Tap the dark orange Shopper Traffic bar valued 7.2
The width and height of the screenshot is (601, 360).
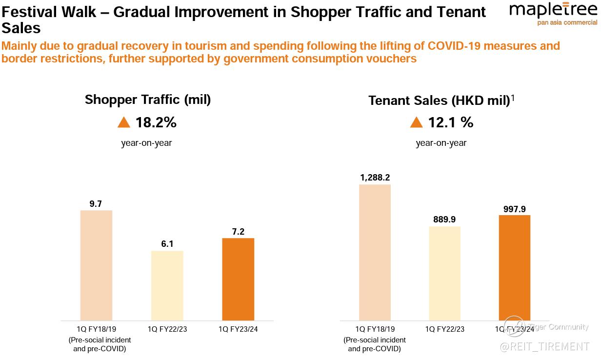(238, 279)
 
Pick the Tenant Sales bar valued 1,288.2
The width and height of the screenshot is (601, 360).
(375, 252)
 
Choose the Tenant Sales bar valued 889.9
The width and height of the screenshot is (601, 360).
(444, 273)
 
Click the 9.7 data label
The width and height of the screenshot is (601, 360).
(96, 204)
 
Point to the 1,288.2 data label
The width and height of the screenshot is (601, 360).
(375, 178)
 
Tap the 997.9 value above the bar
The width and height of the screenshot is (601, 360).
(514, 209)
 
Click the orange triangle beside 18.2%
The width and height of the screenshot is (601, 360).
(124, 122)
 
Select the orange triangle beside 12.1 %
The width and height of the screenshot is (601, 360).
(416, 122)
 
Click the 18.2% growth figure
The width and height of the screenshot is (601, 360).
(156, 122)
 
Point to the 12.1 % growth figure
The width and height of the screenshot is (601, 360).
(451, 122)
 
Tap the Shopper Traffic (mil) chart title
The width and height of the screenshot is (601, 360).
(148, 100)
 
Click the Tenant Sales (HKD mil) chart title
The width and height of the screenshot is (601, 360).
(439, 100)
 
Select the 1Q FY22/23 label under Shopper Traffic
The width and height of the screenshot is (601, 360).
(167, 329)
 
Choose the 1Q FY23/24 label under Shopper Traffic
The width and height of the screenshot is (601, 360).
(238, 329)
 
